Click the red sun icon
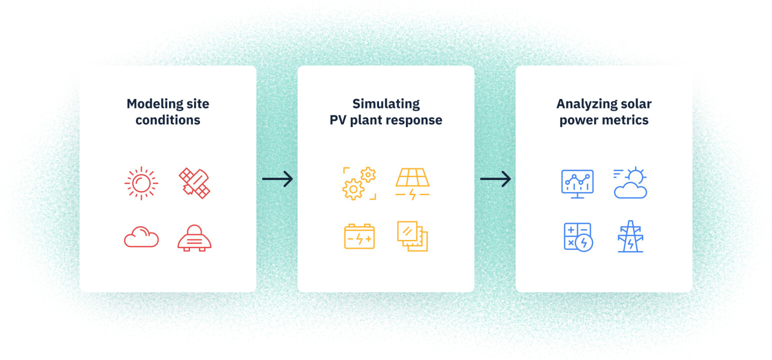click(141, 183)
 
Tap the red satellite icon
click(194, 183)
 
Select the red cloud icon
click(141, 237)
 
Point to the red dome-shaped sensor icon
click(194, 237)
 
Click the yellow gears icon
click(359, 183)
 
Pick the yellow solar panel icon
click(412, 183)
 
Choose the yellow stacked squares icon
click(412, 236)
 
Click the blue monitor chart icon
click(577, 183)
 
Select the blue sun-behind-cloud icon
click(630, 183)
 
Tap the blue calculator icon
click(577, 236)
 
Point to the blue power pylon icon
click(630, 237)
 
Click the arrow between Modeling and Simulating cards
click(277, 178)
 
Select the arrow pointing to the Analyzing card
click(495, 178)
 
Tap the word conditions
click(168, 120)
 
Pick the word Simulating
click(385, 104)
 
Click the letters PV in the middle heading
click(337, 120)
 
